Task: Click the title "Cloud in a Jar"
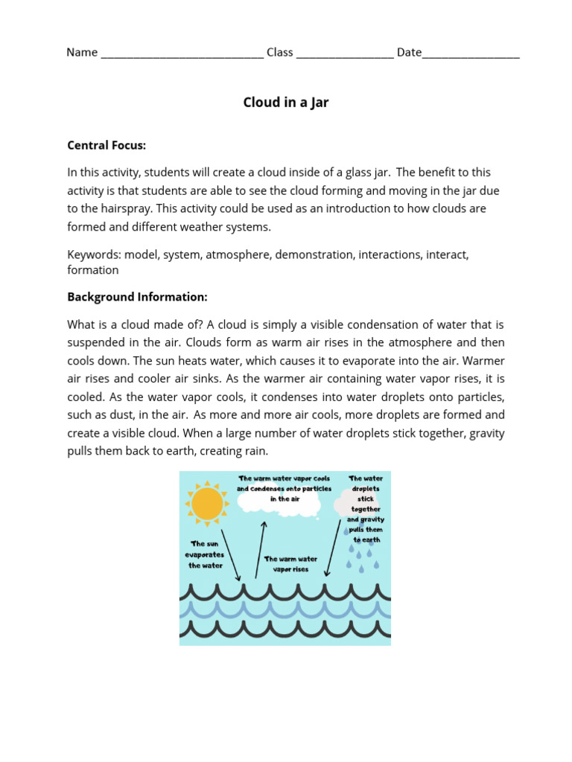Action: [285, 103]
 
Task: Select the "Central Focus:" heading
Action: [107, 145]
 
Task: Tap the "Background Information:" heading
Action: [137, 297]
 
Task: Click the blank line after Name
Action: [182, 54]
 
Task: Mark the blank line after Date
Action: [471, 54]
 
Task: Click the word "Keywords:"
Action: [94, 254]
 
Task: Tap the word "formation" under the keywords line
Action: [93, 270]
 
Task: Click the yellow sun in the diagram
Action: [207, 504]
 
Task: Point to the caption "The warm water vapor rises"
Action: [290, 564]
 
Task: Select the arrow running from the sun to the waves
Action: [230, 554]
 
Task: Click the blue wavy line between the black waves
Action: [285, 610]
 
